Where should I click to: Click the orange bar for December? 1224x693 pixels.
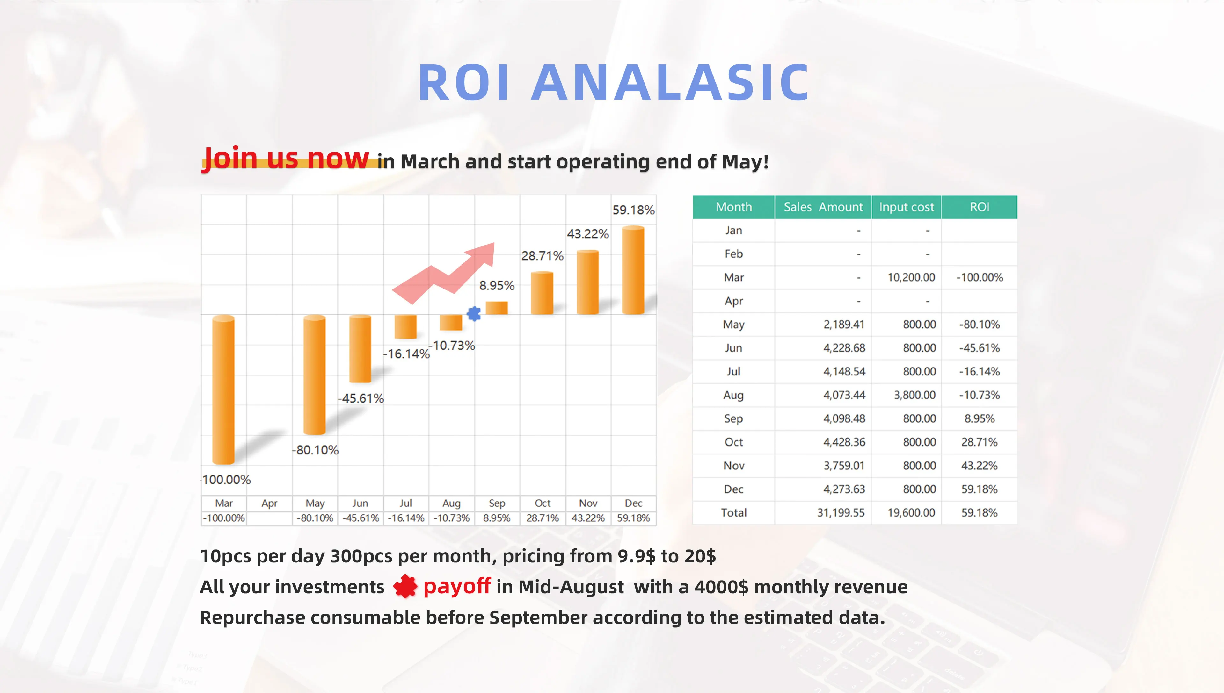click(x=633, y=270)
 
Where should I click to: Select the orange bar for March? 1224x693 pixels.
click(x=223, y=389)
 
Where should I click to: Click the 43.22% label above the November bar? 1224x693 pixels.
click(x=588, y=234)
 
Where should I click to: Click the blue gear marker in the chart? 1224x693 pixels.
click(x=474, y=314)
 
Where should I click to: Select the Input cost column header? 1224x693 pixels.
click(x=906, y=207)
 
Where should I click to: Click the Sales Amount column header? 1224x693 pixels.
click(x=823, y=207)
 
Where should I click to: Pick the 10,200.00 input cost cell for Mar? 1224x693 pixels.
click(x=911, y=277)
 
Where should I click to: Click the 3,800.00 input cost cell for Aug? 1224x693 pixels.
click(x=914, y=395)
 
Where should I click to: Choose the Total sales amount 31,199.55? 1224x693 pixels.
click(x=841, y=513)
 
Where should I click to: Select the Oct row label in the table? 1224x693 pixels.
click(x=733, y=442)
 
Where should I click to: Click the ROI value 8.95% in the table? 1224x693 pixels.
click(x=979, y=418)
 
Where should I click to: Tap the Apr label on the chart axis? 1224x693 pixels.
click(x=269, y=503)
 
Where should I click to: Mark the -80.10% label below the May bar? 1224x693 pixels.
click(x=315, y=450)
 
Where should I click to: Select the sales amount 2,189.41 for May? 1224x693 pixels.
click(x=843, y=325)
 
